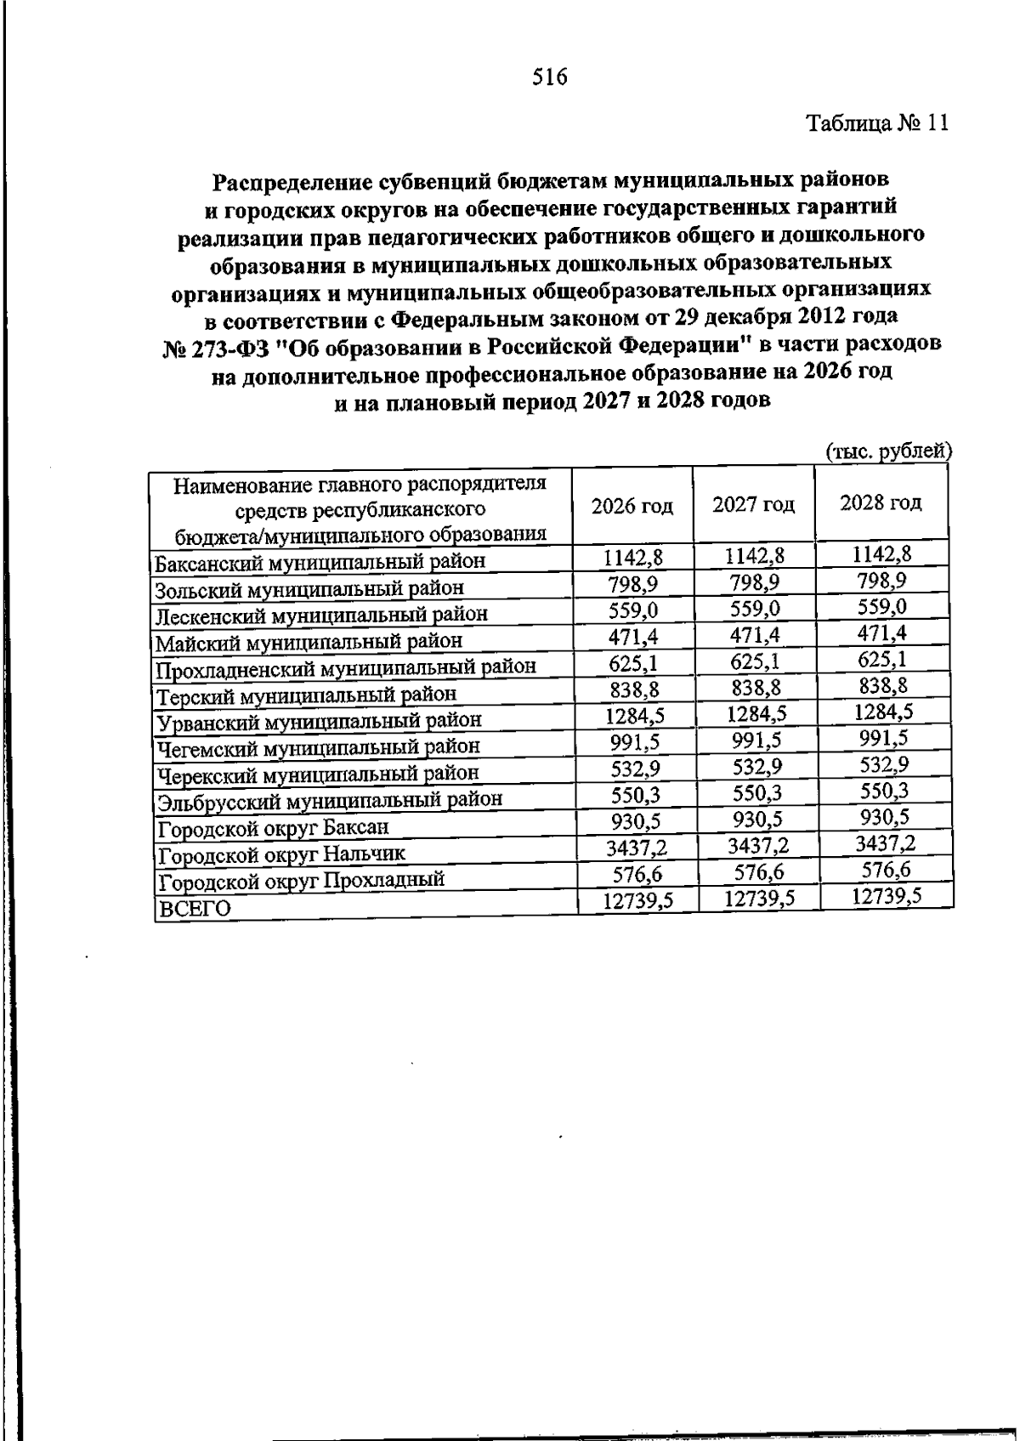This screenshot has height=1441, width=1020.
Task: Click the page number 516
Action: click(549, 78)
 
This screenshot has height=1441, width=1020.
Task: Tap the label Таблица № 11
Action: click(876, 124)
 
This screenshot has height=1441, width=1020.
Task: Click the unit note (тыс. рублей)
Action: click(888, 451)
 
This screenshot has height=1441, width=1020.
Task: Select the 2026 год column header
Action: click(632, 506)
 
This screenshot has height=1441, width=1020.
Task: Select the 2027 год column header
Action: click(753, 504)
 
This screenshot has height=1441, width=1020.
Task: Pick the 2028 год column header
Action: click(881, 502)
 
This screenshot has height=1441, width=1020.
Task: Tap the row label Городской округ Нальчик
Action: click(282, 854)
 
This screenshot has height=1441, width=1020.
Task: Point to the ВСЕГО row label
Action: click(195, 909)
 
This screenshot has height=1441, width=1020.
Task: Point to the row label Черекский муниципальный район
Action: click(318, 774)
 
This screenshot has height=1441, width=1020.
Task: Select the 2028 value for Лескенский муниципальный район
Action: click(881, 607)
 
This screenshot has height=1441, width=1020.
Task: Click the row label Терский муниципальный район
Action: click(306, 695)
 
